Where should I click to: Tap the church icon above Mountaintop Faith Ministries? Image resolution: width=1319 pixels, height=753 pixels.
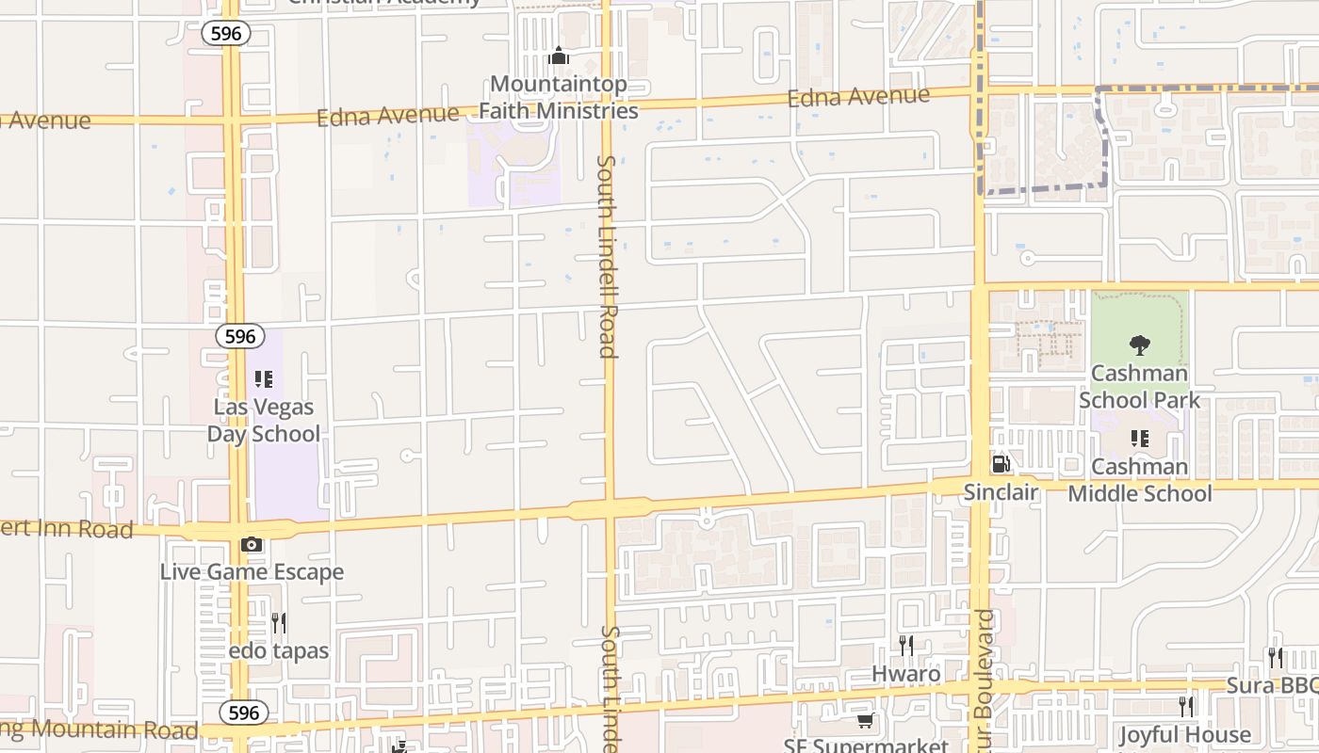559,56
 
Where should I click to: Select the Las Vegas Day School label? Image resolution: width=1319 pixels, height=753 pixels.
263,421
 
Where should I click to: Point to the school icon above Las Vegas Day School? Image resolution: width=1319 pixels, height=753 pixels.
264,379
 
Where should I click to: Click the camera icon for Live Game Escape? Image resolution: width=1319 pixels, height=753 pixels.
252,544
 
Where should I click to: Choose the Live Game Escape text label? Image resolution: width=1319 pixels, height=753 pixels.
252,571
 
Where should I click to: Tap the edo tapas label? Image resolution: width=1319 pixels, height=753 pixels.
279,650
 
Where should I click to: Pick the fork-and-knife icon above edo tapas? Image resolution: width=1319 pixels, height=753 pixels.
279,622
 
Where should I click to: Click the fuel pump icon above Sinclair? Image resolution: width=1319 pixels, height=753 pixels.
1001,464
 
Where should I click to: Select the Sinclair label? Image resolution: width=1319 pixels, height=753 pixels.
1001,491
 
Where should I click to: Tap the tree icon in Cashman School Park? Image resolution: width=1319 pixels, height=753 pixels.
1140,345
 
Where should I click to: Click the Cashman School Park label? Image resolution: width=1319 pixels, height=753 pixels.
1140,386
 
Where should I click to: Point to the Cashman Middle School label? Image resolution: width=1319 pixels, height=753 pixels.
1140,479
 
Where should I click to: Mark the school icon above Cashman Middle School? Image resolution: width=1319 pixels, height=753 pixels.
1140,439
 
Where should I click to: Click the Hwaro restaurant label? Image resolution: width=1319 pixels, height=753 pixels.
905,673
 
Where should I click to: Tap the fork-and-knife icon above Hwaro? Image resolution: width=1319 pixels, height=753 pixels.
905,646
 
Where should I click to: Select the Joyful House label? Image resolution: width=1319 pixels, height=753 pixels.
1185,734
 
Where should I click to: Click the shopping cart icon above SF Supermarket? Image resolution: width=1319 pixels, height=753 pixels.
865,721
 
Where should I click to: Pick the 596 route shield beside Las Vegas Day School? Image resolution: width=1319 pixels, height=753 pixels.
239,336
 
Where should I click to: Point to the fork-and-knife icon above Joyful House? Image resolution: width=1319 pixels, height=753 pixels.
1186,706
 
